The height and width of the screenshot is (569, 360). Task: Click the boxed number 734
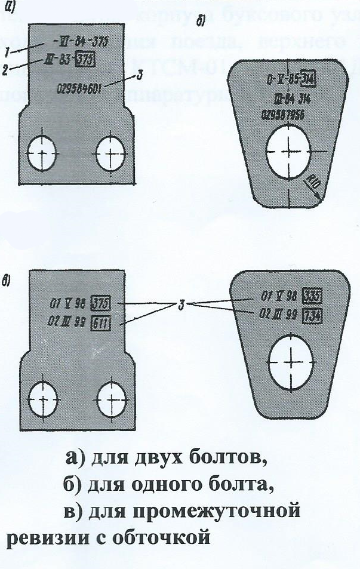[313, 315]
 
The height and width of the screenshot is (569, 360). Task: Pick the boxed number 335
[313, 297]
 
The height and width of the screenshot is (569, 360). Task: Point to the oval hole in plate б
[288, 150]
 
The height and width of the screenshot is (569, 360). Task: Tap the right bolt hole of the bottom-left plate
[112, 396]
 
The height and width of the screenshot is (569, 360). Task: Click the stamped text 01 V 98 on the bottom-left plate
[66, 305]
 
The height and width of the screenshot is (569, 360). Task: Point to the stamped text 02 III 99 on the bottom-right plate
[279, 315]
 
